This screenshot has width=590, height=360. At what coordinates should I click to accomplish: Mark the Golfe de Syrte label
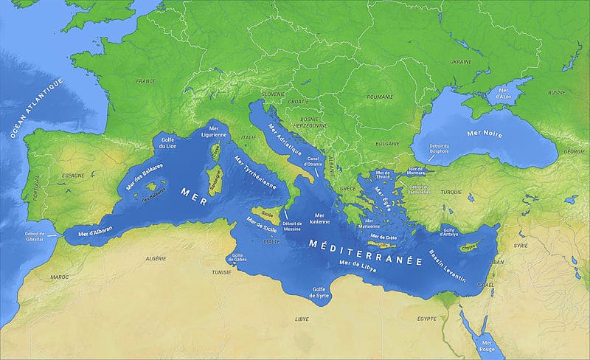(x=320, y=292)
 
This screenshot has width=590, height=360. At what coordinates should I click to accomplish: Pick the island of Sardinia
(x=215, y=180)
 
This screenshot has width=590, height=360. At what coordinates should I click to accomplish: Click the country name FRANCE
(x=146, y=81)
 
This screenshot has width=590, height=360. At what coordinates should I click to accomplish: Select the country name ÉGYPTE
(x=427, y=318)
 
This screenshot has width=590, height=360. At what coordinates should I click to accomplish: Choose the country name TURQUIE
(x=451, y=191)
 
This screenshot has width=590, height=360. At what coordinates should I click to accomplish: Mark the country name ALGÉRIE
(x=156, y=259)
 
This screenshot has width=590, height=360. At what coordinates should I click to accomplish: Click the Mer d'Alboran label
(x=94, y=231)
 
